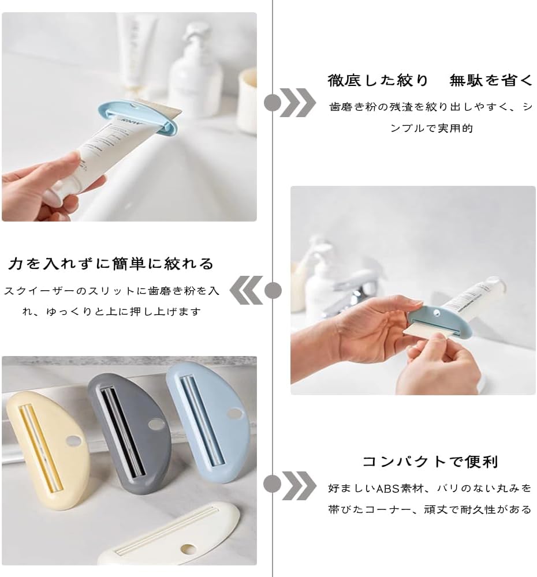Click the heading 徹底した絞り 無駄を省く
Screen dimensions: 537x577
[430, 80]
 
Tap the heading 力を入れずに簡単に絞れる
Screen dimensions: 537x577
[111, 264]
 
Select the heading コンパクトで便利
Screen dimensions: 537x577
[430, 462]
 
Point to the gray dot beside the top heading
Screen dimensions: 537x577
[273, 103]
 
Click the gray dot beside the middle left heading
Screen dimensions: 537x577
[273, 290]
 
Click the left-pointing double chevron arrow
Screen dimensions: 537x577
[246, 290]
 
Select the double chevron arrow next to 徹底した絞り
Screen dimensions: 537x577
[297, 103]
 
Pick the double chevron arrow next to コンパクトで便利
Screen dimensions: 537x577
[299, 486]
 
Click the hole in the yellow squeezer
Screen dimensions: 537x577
[73, 440]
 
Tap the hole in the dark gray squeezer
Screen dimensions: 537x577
[156, 424]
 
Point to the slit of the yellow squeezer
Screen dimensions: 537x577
[41, 448]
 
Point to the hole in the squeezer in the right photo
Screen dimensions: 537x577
[437, 313]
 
